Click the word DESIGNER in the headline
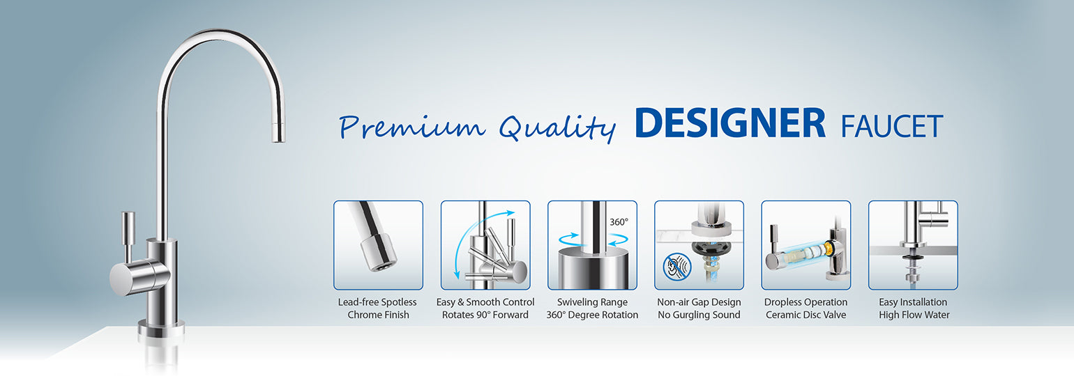click(730, 123)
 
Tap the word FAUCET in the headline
click(892, 126)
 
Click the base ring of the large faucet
click(161, 327)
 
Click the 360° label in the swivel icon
click(619, 222)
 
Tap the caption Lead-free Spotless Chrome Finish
click(377, 308)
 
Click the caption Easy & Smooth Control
click(485, 302)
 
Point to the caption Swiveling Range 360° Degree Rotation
click(592, 308)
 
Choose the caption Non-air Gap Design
click(699, 302)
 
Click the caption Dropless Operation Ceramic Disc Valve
click(805, 308)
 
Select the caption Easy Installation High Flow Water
click(913, 308)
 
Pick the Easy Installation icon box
click(913, 245)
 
